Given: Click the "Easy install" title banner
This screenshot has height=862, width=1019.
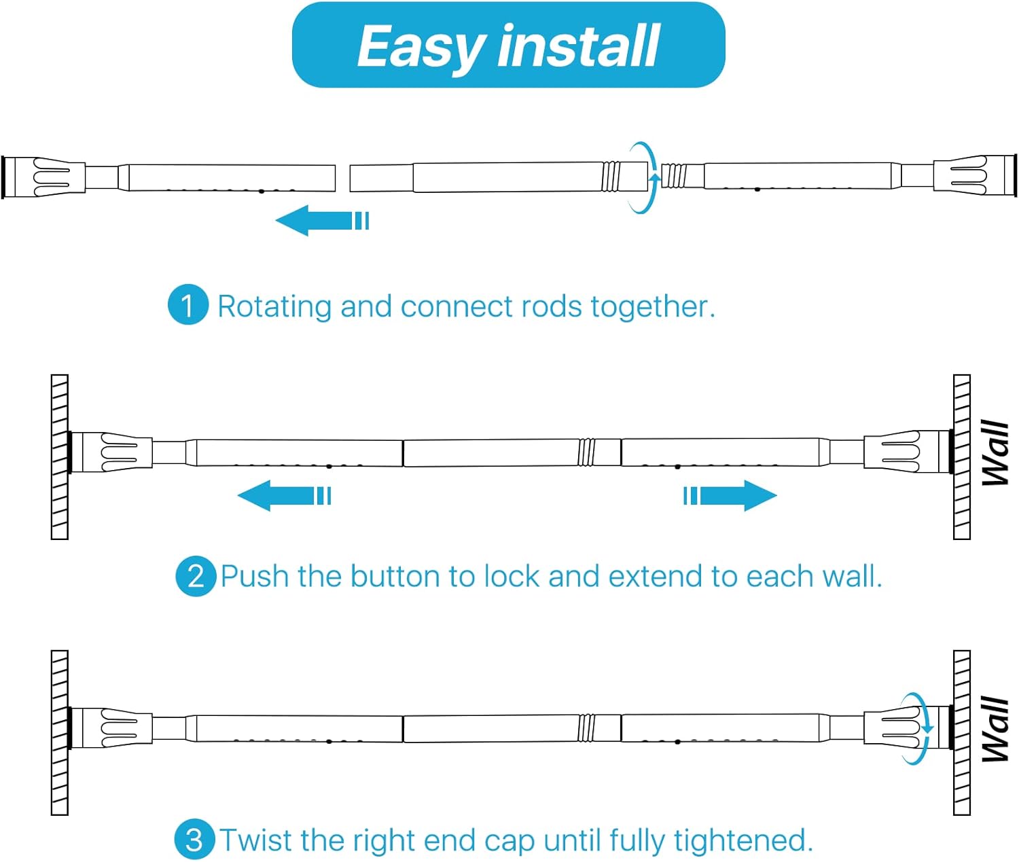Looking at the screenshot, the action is [x=508, y=45].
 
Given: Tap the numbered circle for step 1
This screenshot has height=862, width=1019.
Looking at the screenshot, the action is [x=187, y=304].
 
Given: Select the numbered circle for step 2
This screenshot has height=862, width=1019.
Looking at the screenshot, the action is [x=196, y=576].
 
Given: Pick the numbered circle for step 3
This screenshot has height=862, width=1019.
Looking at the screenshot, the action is [x=194, y=840].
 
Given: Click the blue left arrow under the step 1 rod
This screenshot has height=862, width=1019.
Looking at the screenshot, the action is [x=321, y=220].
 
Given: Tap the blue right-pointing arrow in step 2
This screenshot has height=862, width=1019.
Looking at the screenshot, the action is [x=730, y=495].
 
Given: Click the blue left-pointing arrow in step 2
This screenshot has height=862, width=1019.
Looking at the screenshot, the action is [x=284, y=495].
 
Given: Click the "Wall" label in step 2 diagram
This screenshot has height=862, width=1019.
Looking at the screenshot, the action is [x=995, y=453].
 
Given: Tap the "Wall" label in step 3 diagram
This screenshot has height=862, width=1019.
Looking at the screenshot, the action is [x=995, y=729].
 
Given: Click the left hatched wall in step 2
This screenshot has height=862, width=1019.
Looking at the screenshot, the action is [x=60, y=457].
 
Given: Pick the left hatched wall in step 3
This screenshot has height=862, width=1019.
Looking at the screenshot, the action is [x=60, y=733].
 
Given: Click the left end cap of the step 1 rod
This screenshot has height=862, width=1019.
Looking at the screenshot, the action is [x=43, y=177].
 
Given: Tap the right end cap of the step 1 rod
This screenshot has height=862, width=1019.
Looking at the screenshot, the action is [x=975, y=176].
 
